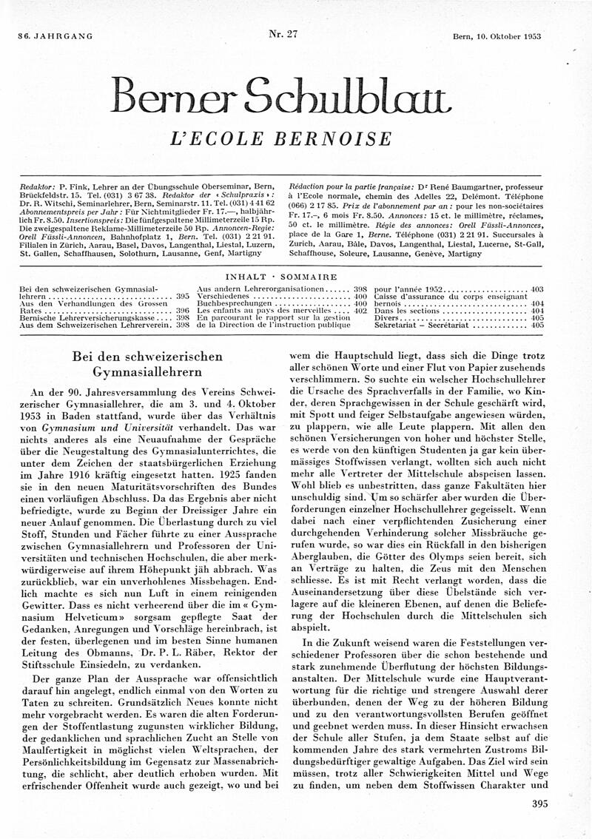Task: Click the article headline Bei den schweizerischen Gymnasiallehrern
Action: [x=147, y=363]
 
